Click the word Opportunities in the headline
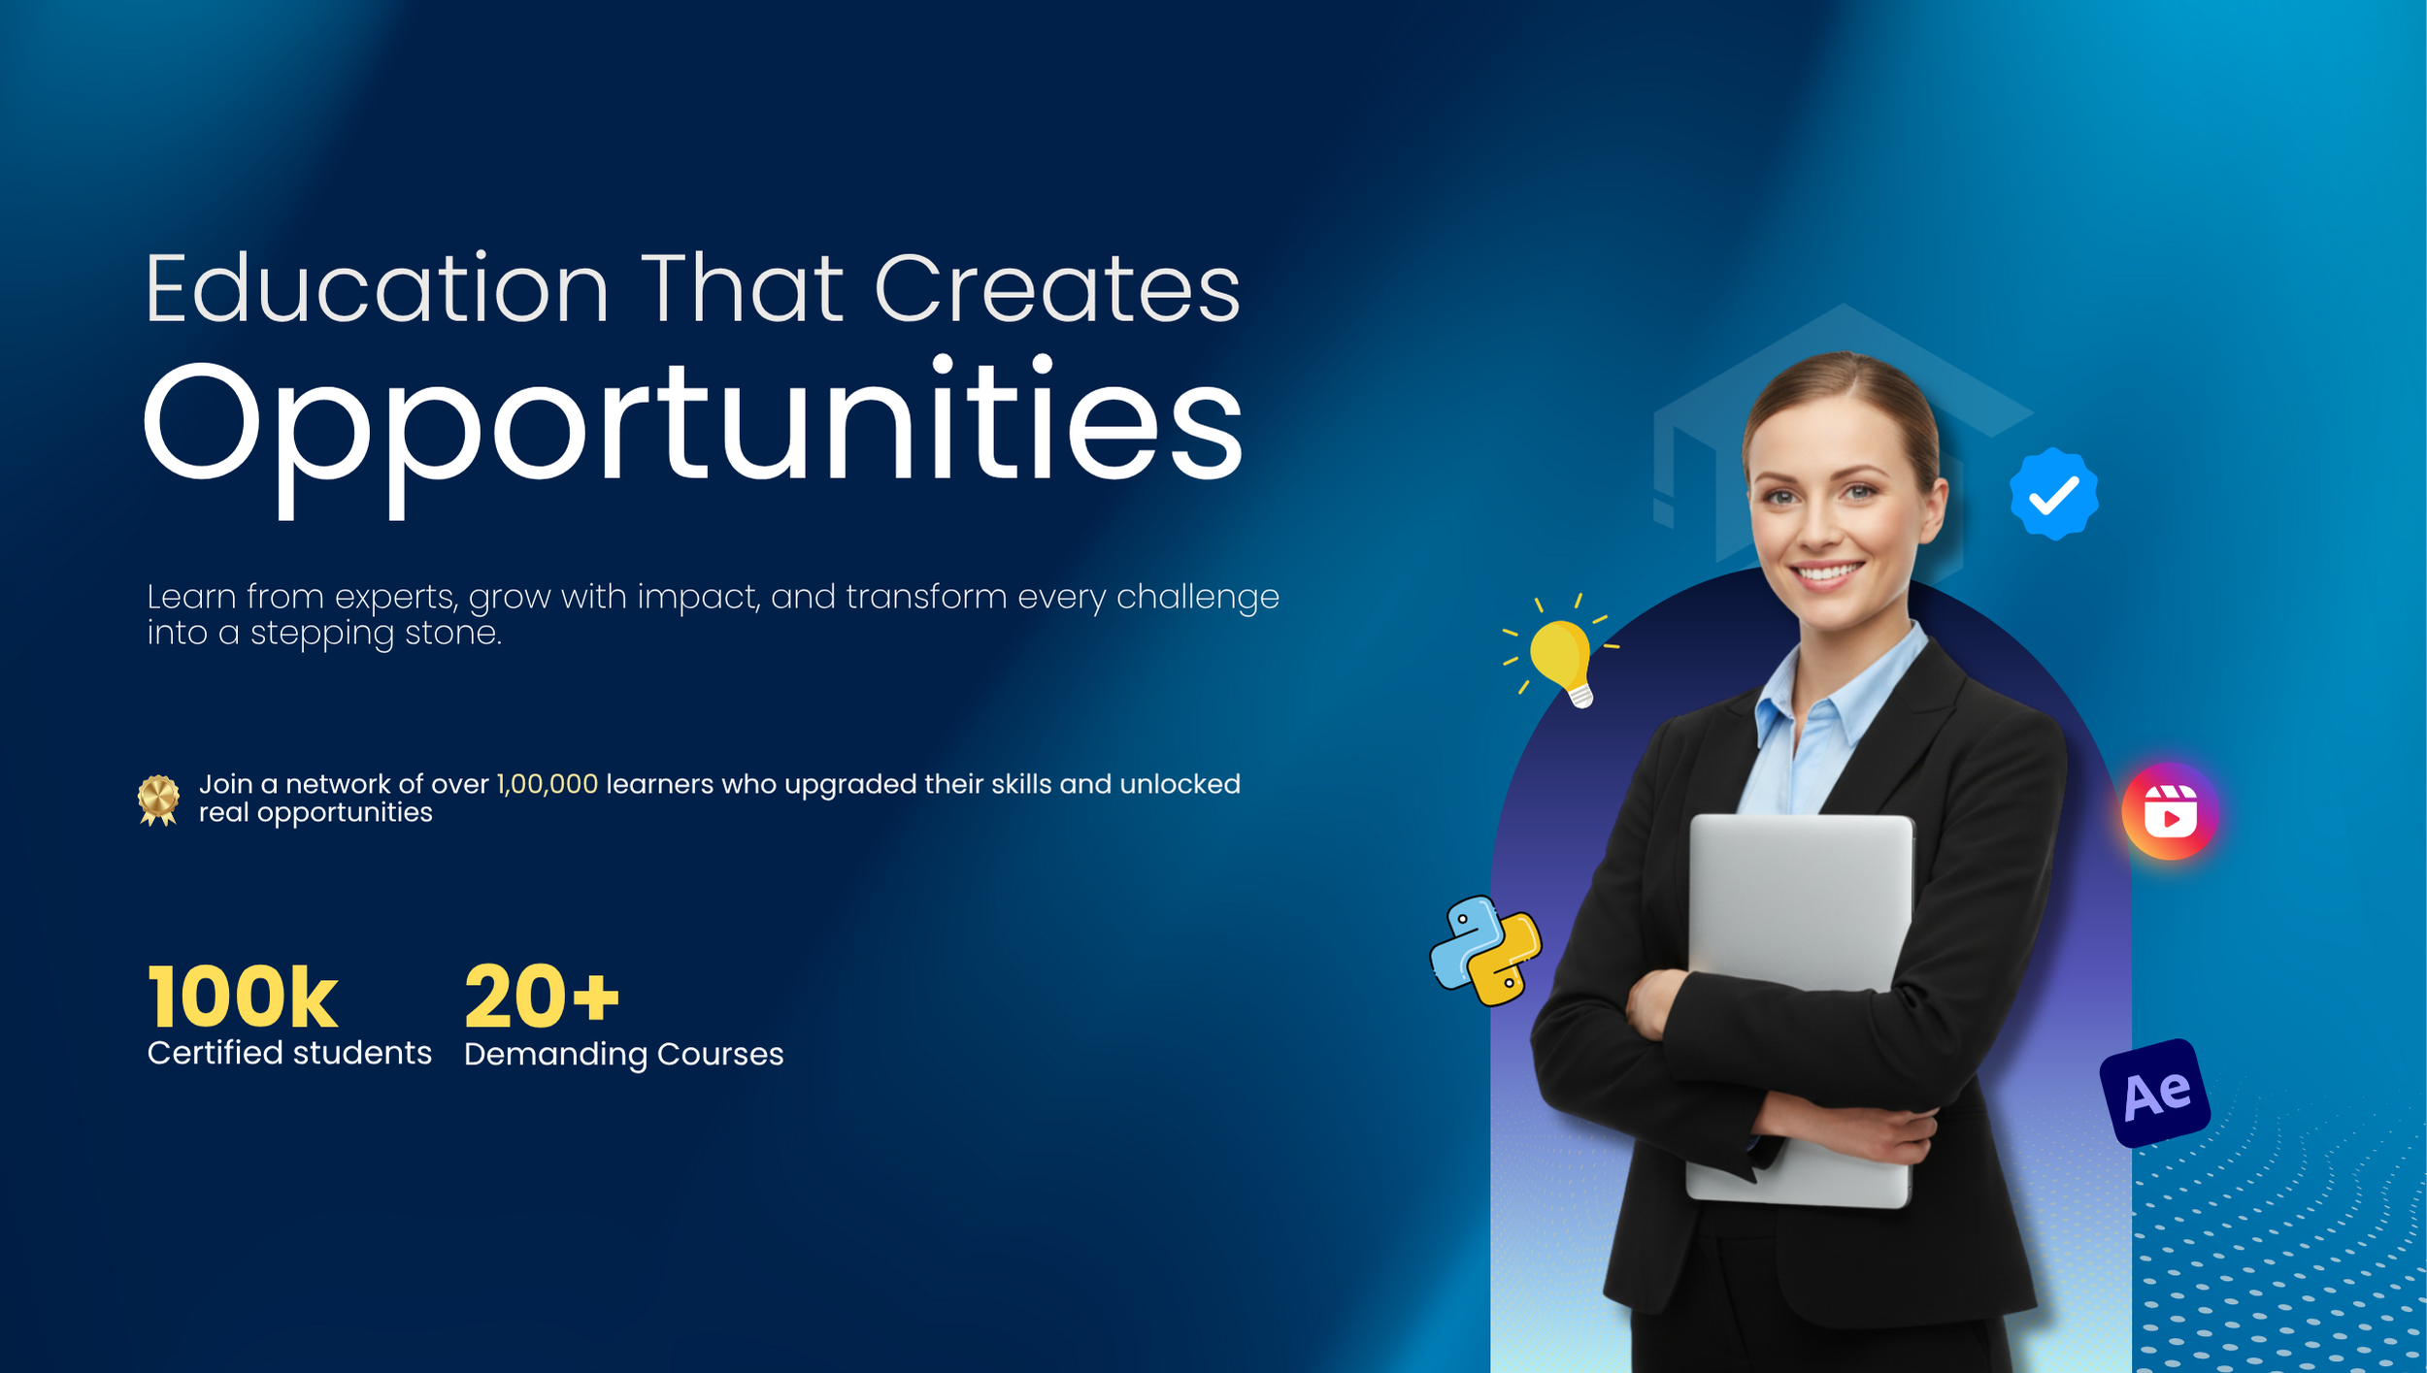[x=693, y=436]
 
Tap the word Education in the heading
[x=377, y=288]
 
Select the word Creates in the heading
[x=1057, y=288]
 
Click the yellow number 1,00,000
[x=548, y=784]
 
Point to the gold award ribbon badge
[x=158, y=801]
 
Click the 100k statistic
[x=243, y=997]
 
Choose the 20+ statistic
[x=542, y=997]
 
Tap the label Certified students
[x=289, y=1053]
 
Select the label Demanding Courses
[x=623, y=1055]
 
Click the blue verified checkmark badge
[x=2054, y=494]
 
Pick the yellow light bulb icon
[x=1561, y=652]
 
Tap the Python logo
[x=1485, y=951]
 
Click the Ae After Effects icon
[x=2155, y=1093]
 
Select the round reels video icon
[x=2171, y=812]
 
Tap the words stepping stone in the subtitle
[x=376, y=634]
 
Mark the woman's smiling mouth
[x=1827, y=572]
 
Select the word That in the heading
[x=742, y=288]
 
